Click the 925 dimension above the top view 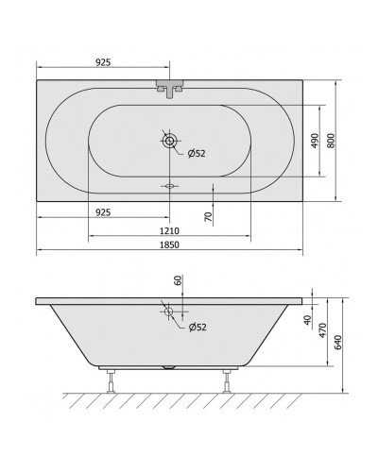[103, 62]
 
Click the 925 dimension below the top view [103, 212]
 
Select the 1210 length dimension [169, 231]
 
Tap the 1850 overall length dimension [169, 244]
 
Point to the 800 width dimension [331, 141]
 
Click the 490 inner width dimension [315, 141]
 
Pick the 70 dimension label [209, 216]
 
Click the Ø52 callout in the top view [197, 154]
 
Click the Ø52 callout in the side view [198, 328]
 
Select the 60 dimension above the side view [179, 280]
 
